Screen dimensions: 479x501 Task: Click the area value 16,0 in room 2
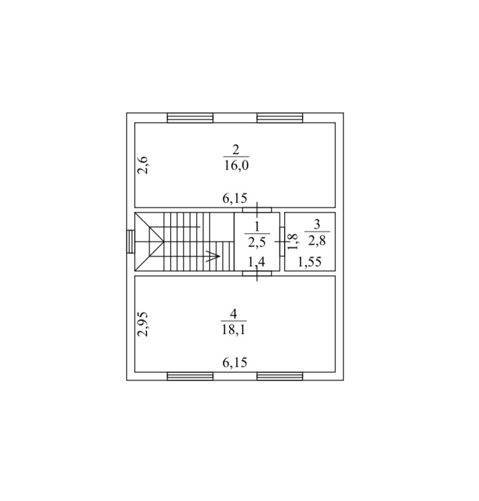(x=236, y=166)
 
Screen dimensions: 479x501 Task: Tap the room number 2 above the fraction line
(x=236, y=149)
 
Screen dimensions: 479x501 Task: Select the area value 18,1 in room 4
(x=234, y=329)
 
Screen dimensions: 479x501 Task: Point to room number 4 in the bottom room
(x=234, y=314)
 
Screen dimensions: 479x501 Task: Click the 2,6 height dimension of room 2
(x=143, y=165)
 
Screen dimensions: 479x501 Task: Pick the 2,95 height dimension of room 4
(x=143, y=324)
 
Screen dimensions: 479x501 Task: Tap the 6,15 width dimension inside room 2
(x=235, y=198)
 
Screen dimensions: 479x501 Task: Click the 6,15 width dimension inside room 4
(x=235, y=363)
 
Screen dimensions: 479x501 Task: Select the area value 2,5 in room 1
(x=257, y=242)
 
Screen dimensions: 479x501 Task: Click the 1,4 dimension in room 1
(x=257, y=262)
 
